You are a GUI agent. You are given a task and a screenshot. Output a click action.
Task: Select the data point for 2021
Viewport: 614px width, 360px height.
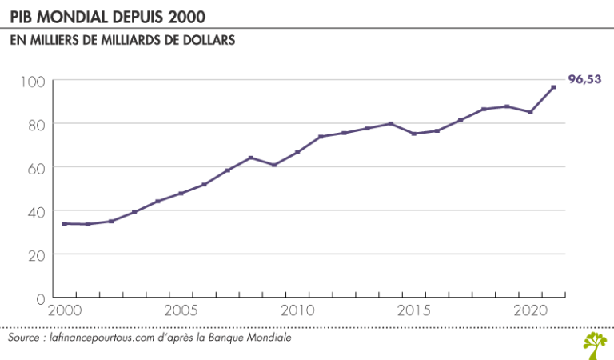click(x=554, y=86)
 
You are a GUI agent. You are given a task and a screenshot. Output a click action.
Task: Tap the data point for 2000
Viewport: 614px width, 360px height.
click(x=65, y=224)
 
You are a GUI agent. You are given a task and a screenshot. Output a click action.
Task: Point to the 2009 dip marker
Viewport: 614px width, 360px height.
click(x=274, y=165)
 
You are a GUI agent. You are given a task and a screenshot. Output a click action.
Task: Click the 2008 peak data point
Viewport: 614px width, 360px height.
click(x=251, y=158)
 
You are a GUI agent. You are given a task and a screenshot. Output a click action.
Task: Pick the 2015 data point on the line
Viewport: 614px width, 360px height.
click(x=414, y=134)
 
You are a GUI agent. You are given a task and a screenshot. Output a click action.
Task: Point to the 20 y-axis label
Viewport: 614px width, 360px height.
click(x=37, y=254)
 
